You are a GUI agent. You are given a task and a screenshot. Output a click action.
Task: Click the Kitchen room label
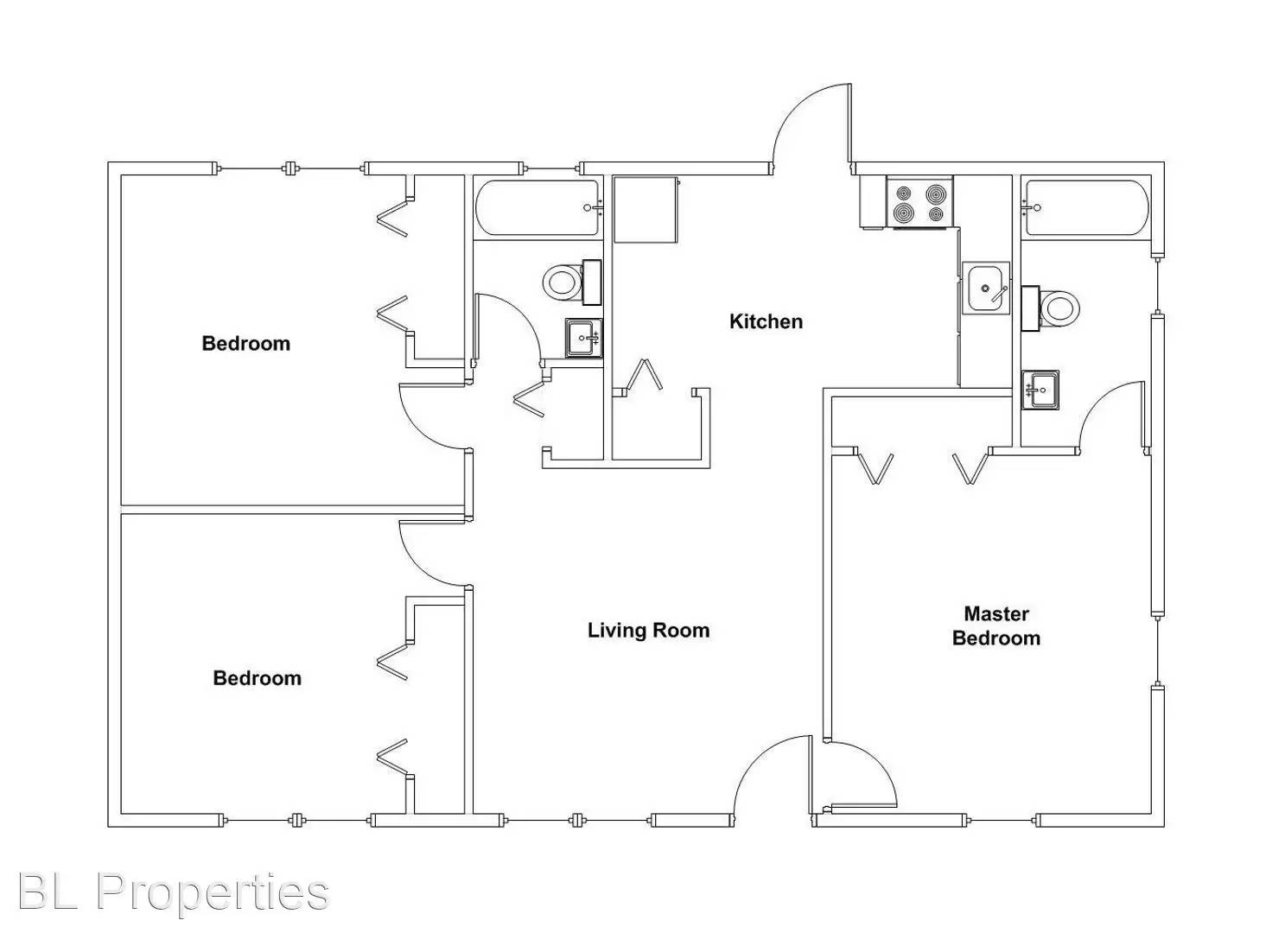766,321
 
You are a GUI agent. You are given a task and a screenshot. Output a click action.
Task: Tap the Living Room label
648,631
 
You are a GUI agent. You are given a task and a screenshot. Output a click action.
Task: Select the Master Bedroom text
996,626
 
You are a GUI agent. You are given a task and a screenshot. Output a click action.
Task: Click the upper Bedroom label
245,344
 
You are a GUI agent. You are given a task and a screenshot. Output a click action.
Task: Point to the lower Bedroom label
257,678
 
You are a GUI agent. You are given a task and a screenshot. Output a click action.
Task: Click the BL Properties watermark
173,892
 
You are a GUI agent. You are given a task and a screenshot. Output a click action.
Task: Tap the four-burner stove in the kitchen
919,203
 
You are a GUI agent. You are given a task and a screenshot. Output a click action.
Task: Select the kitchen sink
986,288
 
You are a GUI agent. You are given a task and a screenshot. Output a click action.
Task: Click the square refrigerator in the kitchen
645,209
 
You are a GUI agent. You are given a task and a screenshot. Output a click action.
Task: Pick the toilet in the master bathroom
1057,308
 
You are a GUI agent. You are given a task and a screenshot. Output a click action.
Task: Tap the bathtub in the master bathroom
1085,207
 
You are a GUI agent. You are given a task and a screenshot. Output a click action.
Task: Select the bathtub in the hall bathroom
537,207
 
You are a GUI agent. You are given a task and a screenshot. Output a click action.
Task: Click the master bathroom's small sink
1040,389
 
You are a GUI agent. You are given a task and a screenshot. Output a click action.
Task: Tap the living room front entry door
772,777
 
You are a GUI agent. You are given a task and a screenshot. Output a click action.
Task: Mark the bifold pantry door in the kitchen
644,376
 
